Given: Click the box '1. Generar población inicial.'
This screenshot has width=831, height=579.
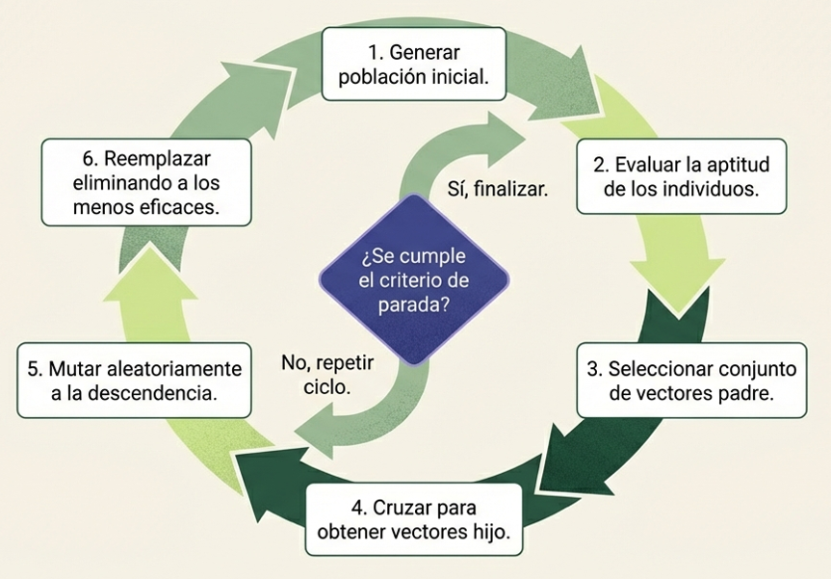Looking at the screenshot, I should coord(414,64).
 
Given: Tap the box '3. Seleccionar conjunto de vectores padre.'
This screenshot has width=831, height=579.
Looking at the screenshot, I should coord(691,380).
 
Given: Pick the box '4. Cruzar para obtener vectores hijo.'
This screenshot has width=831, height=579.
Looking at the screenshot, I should coord(414,519).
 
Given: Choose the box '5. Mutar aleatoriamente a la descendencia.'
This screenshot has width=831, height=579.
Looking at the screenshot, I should coord(133,381).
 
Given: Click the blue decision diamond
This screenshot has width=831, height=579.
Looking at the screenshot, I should coord(413,279).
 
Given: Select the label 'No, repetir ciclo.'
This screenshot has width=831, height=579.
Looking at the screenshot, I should coord(326,375).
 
